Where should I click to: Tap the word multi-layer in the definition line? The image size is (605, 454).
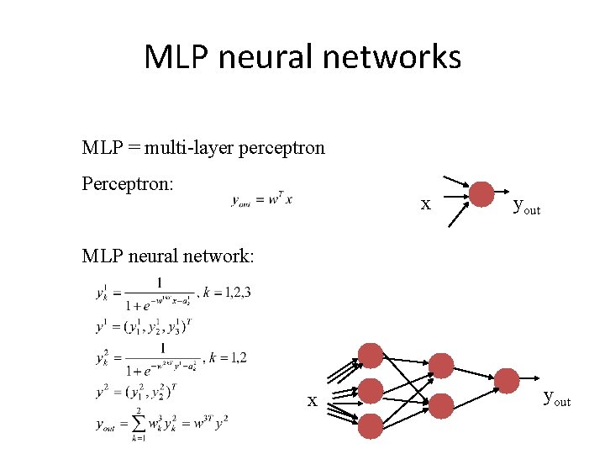(x=190, y=148)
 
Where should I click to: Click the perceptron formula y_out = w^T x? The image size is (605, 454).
(x=262, y=199)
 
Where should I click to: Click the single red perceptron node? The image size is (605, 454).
(x=481, y=194)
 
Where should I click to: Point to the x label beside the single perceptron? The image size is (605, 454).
(x=426, y=204)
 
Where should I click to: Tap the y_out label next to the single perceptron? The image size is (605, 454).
(x=526, y=206)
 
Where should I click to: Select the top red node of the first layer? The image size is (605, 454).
(x=371, y=356)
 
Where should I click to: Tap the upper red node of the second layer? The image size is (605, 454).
(x=441, y=365)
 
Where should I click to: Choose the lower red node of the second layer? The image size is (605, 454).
(x=441, y=406)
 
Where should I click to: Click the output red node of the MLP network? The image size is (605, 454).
(x=507, y=380)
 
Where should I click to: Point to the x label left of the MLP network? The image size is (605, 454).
(x=312, y=401)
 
